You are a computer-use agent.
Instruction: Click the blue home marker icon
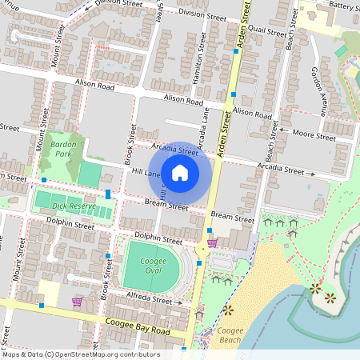180,172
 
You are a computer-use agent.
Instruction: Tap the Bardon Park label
62,149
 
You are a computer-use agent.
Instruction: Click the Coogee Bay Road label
137,326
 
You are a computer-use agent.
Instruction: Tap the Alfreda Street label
150,301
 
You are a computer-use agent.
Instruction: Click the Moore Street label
314,135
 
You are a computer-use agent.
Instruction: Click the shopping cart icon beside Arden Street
212,242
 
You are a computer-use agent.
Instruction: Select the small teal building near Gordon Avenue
342,51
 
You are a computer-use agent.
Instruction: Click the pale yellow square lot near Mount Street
48,294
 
